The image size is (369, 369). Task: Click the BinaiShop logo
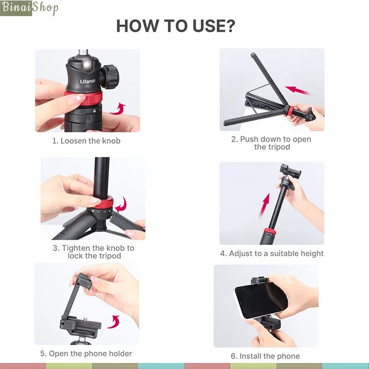point(29,8)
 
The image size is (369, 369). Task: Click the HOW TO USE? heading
point(176,26)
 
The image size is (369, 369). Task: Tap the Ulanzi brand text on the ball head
point(88,82)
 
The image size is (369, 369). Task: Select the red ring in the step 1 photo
point(84,98)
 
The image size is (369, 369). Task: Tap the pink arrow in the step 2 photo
point(298,90)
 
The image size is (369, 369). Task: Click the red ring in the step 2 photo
point(290,111)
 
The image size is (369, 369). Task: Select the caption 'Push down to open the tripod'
point(271,143)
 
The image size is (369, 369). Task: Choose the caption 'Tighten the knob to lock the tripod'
point(94,251)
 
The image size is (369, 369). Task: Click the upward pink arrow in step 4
point(264,204)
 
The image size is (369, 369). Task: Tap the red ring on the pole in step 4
point(270,231)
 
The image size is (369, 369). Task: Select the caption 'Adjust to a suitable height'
point(272,253)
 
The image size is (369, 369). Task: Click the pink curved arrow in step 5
point(114,321)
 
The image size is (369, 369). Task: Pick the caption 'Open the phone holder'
point(86,353)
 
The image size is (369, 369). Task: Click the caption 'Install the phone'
point(265,356)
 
